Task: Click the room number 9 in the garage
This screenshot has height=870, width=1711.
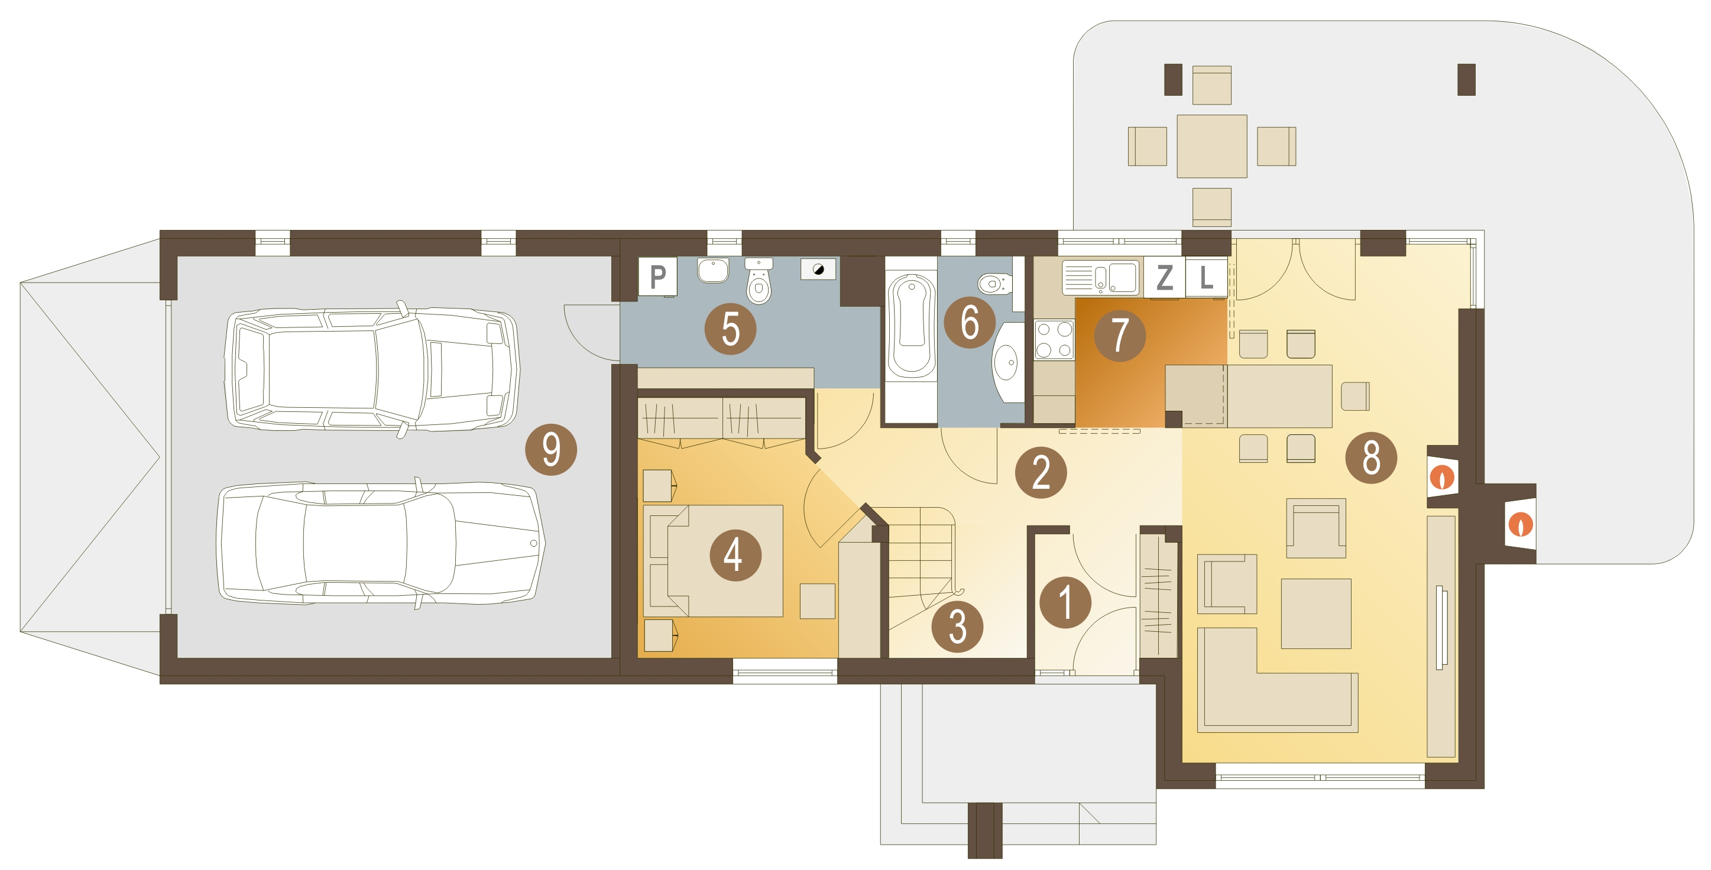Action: (550, 450)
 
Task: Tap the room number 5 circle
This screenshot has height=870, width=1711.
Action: (730, 329)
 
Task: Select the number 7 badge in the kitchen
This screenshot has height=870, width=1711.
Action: (1119, 335)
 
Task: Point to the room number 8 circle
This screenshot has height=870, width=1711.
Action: (1371, 457)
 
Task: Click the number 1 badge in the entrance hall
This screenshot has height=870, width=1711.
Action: (1065, 602)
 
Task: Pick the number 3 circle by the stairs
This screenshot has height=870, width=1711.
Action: (957, 626)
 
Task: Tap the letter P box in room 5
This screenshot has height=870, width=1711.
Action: (657, 276)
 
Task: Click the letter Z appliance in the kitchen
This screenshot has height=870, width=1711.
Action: (1164, 277)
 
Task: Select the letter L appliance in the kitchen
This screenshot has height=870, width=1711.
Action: (1206, 277)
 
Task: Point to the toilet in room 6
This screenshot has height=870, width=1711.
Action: (994, 284)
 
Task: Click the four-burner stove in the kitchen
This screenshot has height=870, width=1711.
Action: (1054, 339)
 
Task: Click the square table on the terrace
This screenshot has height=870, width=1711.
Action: (1211, 146)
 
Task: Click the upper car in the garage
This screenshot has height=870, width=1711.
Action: (372, 369)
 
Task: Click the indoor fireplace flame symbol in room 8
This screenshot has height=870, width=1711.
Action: (1442, 478)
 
